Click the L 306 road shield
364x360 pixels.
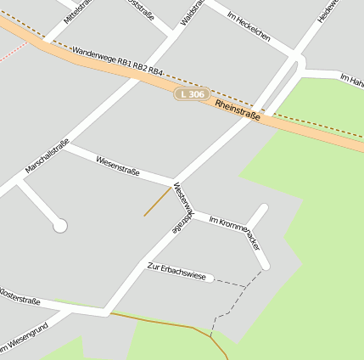pos(193,94)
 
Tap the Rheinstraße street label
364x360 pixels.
pos(238,110)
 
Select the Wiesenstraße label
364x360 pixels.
pos(118,165)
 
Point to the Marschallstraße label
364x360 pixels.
pos(47,156)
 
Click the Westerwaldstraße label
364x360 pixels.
pos(182,207)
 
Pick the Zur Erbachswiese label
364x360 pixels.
pos(176,272)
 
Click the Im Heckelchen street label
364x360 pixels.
pos(249,26)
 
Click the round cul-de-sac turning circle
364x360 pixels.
pos(59,225)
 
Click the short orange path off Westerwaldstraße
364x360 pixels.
pos(158,202)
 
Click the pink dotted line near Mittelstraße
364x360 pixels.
pos(12,50)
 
